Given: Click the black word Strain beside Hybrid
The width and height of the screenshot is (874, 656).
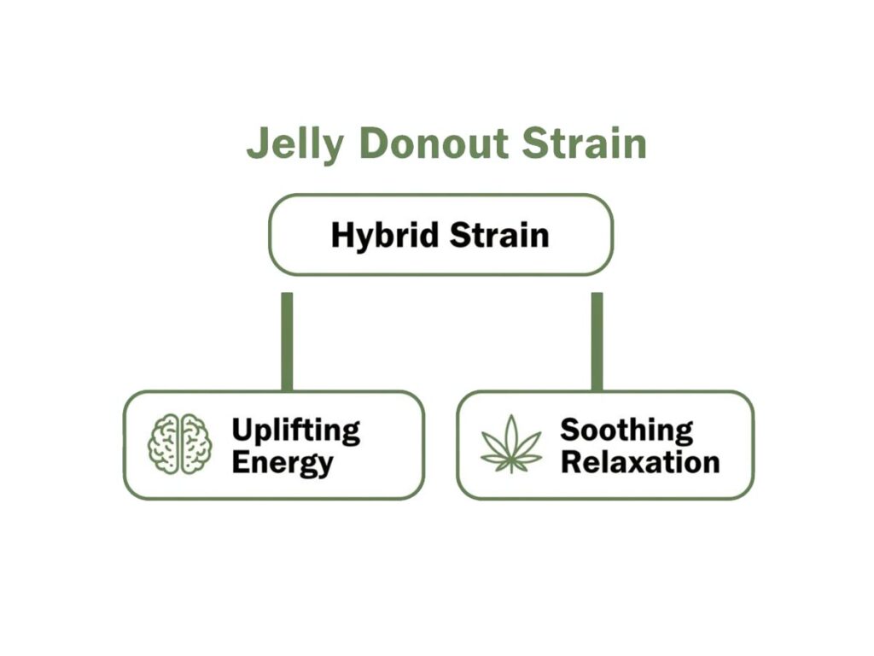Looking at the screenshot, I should point(499,235).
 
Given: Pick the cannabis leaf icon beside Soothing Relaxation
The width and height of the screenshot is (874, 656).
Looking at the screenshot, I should point(511,444).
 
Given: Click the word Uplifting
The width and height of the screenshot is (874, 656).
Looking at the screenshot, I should point(295,430).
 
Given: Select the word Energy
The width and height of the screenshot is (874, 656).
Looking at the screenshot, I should point(282,464).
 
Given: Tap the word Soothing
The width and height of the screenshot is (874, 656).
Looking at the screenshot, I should point(626,430).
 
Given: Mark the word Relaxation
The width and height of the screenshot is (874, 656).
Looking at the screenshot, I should point(640,463).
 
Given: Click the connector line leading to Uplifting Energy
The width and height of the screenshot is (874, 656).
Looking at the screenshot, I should point(287,341).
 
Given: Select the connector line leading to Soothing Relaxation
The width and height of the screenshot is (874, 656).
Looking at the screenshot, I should point(597,341).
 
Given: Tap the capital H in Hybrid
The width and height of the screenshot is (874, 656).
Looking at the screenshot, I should point(341,235).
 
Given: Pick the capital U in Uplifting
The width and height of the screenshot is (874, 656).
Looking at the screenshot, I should point(242,430).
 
